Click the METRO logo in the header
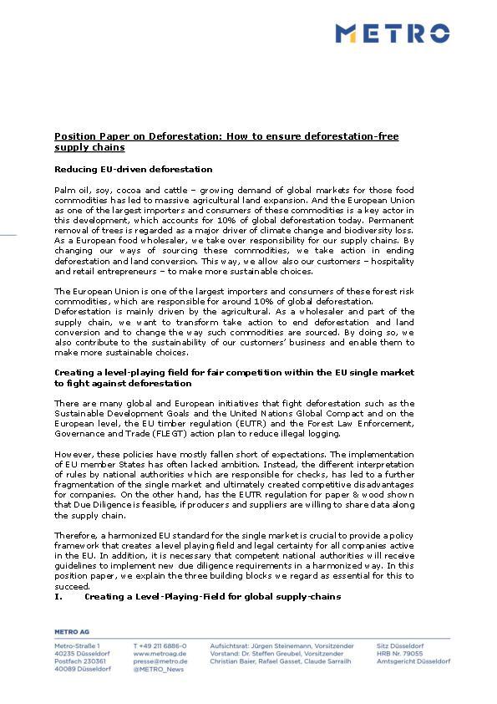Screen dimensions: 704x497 (392, 33)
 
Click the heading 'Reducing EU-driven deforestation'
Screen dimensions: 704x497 (133, 169)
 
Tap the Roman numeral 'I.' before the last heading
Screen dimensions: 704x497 (58, 597)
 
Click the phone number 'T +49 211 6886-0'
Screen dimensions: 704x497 (160, 645)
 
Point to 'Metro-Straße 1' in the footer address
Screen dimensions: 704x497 (77, 645)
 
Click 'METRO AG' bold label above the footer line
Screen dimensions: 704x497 (72, 631)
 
